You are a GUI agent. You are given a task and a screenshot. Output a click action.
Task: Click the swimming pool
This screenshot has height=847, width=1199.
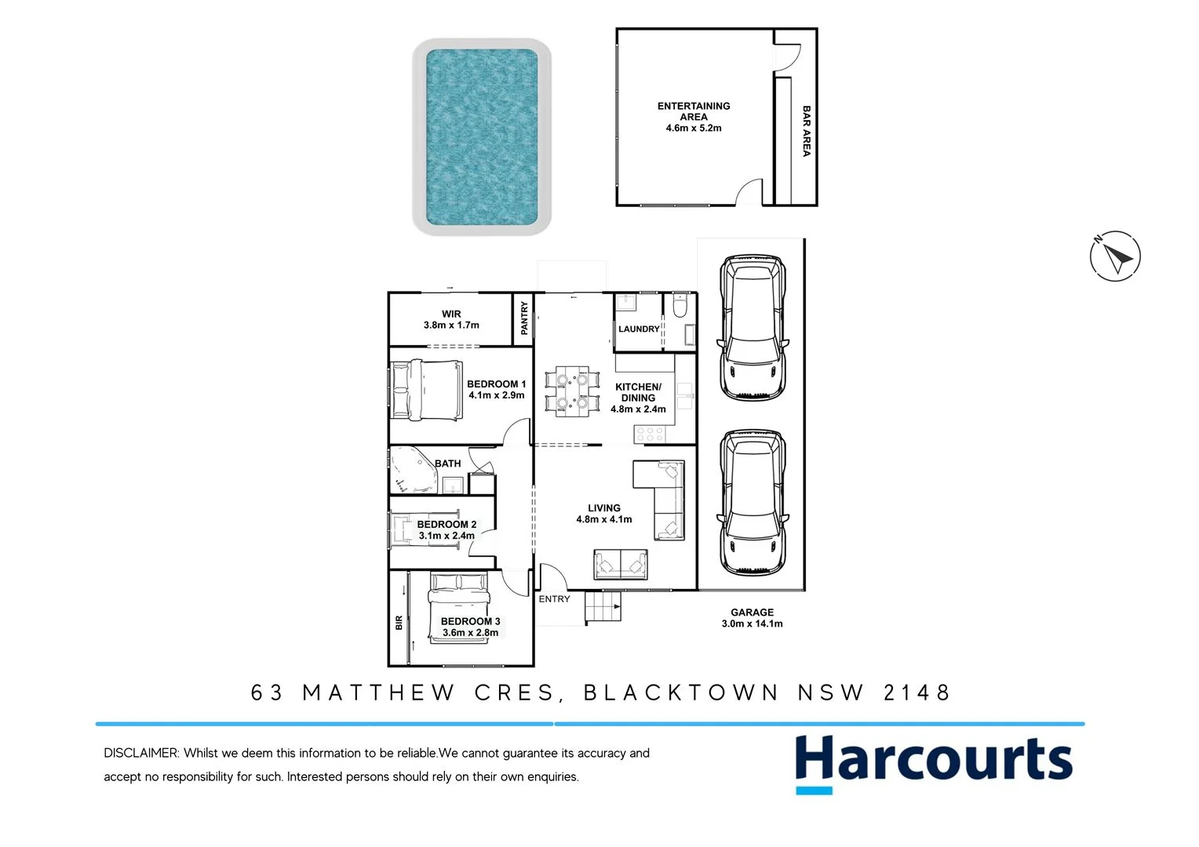click(x=482, y=136)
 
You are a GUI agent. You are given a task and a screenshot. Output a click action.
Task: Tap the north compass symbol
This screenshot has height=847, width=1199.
click(x=1115, y=256)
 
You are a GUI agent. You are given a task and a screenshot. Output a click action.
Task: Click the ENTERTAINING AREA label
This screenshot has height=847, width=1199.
click(x=694, y=117)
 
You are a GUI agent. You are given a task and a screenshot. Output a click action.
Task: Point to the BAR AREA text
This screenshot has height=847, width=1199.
click(x=807, y=132)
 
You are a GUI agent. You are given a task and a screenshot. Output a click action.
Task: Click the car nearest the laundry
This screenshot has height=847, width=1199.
click(x=752, y=328)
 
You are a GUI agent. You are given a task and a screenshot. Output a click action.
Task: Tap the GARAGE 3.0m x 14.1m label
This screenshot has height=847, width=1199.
click(x=752, y=618)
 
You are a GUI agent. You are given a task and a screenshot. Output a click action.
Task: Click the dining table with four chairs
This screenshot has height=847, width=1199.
click(x=572, y=391)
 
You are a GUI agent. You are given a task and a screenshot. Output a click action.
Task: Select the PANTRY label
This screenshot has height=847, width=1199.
click(x=524, y=318)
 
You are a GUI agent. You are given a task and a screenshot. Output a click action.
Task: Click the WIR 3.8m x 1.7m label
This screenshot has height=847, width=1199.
click(x=451, y=319)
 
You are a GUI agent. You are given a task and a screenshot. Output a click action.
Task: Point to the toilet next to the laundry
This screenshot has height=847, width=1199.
click(x=680, y=306)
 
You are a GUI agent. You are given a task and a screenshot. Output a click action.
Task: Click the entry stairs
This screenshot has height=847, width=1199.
click(x=603, y=607)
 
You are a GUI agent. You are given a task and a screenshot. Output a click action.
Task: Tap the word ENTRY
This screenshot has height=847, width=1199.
click(x=554, y=599)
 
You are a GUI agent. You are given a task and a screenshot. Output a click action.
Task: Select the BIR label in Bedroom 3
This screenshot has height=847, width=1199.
click(x=399, y=623)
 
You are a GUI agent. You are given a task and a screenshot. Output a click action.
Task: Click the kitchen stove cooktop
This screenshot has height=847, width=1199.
click(x=651, y=433)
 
